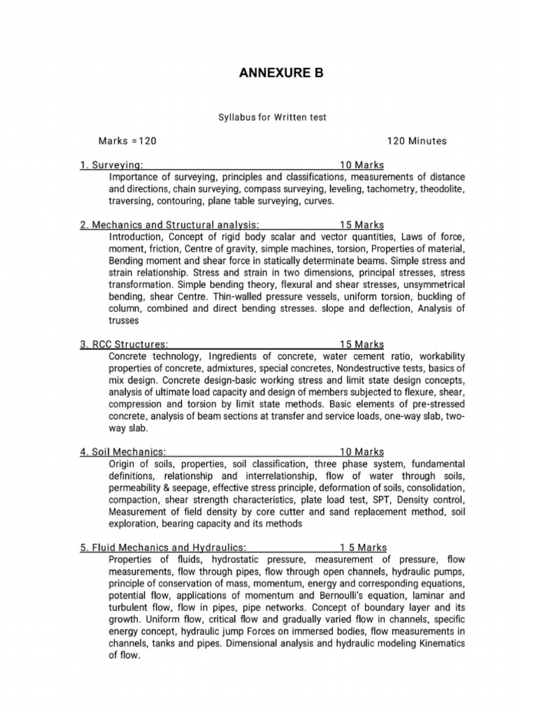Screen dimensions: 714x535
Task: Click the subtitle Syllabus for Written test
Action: click(x=272, y=117)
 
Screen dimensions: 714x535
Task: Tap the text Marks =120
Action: click(x=127, y=141)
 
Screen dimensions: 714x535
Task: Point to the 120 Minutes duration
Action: click(x=417, y=141)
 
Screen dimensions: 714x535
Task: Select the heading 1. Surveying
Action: click(x=112, y=165)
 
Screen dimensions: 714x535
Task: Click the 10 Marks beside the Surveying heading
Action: click(x=362, y=165)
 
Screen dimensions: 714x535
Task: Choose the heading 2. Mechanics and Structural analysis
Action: click(x=170, y=225)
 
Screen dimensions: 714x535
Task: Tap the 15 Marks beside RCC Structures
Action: click(x=362, y=344)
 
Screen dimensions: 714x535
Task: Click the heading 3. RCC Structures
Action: click(x=124, y=344)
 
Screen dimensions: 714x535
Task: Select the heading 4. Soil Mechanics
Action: click(x=123, y=453)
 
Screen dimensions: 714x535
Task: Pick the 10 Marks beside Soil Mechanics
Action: click(x=362, y=453)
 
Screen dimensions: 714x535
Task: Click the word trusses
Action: click(x=125, y=321)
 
